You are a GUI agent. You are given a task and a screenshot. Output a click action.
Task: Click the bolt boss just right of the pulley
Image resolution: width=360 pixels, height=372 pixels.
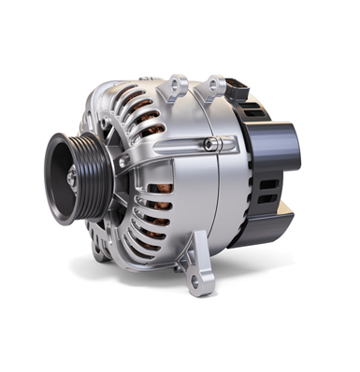122,164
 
